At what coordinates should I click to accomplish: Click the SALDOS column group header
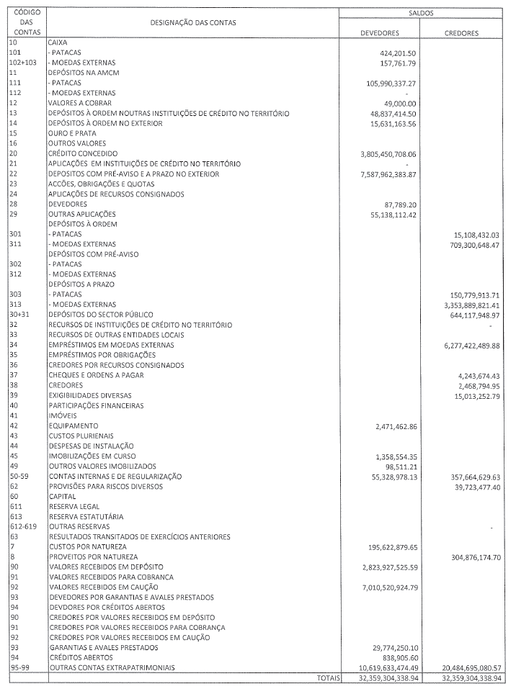[425, 13]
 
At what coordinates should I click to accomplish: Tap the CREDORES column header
[462, 33]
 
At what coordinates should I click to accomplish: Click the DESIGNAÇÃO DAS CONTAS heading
[193, 23]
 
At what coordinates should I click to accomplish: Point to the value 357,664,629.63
[468, 477]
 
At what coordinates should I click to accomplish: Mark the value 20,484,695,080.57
[463, 668]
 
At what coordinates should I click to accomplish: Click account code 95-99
[19, 668]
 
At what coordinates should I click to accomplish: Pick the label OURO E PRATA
[69, 134]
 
